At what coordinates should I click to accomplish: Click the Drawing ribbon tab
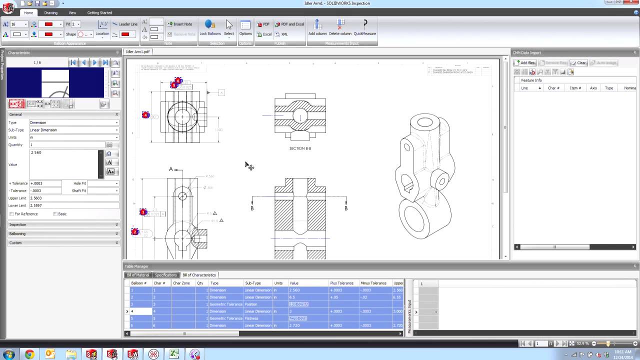[x=50, y=12]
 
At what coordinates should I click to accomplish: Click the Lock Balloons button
[x=210, y=27]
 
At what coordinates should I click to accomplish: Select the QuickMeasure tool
[x=364, y=27]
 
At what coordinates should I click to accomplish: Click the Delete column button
[x=340, y=27]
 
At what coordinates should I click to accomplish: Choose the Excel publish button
[x=264, y=34]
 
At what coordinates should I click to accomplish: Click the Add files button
[x=524, y=62]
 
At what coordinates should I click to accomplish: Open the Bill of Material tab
[x=138, y=275]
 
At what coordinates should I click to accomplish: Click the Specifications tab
[x=165, y=275]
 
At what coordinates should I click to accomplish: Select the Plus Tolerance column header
[x=341, y=283]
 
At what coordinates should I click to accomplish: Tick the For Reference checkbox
[x=11, y=214]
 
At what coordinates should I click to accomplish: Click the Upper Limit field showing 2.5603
[x=74, y=198]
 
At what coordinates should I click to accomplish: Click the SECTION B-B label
[x=300, y=148]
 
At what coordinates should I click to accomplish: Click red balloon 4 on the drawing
[x=145, y=115]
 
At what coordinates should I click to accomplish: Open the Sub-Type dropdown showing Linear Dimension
[x=74, y=130]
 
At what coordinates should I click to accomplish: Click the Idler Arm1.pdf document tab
[x=137, y=51]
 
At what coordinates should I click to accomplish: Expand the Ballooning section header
[x=63, y=233]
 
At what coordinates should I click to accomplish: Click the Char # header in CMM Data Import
[x=553, y=88]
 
